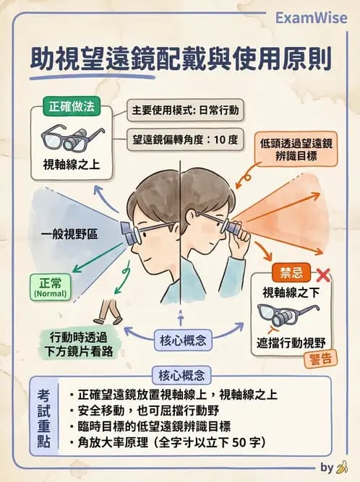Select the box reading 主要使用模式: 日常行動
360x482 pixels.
185,111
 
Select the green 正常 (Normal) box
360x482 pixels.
48,286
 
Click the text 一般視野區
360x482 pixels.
69,234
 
